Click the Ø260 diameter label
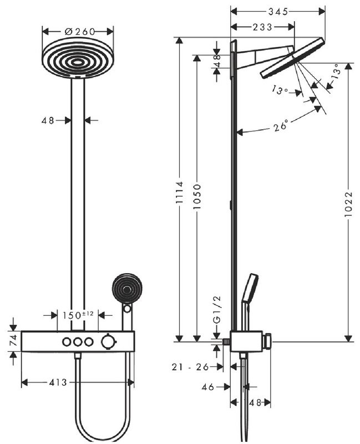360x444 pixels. (x=78, y=32)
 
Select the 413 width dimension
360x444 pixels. (x=58, y=382)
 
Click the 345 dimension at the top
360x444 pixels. (x=278, y=11)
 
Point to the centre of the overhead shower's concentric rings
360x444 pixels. (x=78, y=57)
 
